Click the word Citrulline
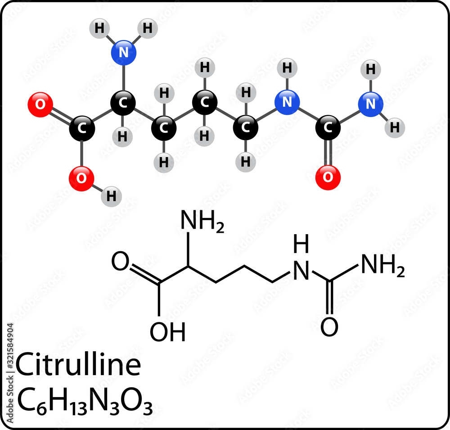click(x=78, y=364)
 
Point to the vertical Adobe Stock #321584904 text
click(x=10, y=373)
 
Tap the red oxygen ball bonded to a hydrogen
click(x=81, y=178)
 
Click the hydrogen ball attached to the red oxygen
click(x=111, y=196)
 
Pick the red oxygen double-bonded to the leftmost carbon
click(x=40, y=104)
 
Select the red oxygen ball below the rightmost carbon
click(x=328, y=177)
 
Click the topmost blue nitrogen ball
click(x=124, y=53)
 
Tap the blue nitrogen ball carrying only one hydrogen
click(x=287, y=102)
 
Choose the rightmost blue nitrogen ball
click(x=370, y=104)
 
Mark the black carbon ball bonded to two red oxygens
click(x=82, y=128)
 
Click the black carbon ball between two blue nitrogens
click(x=328, y=128)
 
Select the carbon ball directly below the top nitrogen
click(x=123, y=103)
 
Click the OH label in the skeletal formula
click(x=167, y=332)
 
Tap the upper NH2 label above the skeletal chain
click(x=202, y=221)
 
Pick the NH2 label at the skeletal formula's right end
click(x=383, y=265)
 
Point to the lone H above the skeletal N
click(x=301, y=244)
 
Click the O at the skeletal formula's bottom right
click(x=329, y=327)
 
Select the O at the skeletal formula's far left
click(x=120, y=261)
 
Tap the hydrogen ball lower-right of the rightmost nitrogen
click(x=395, y=127)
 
